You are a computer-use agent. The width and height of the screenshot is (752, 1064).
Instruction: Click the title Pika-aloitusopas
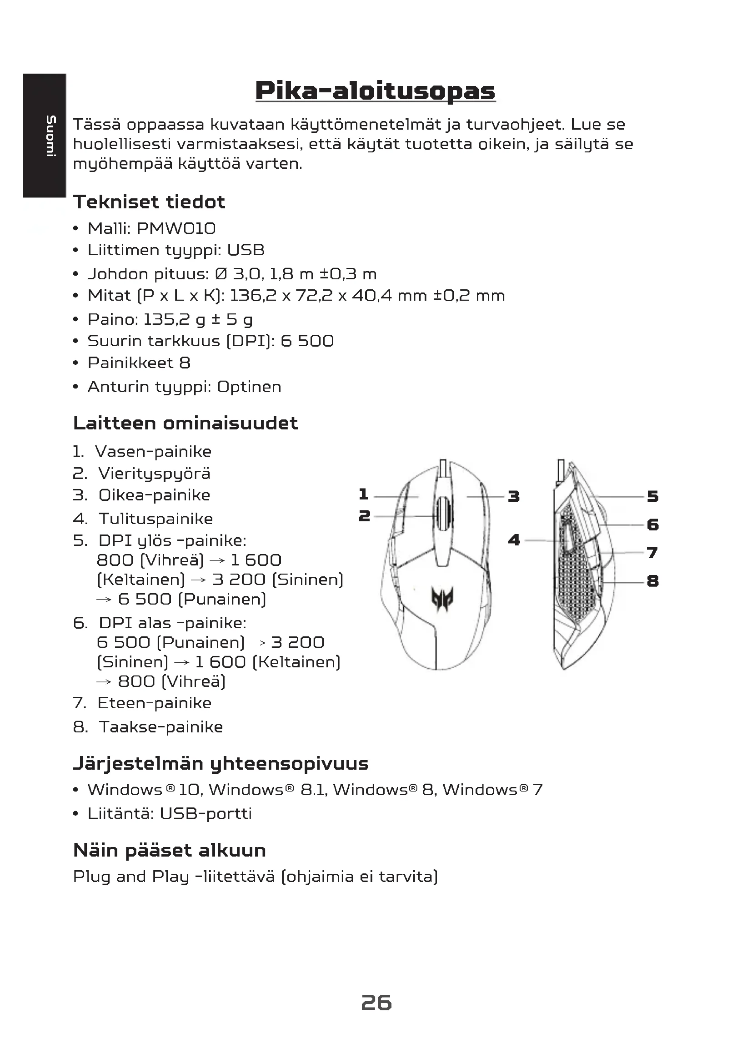pyautogui.click(x=375, y=91)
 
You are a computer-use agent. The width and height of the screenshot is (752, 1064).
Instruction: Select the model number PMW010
pyautogui.click(x=176, y=228)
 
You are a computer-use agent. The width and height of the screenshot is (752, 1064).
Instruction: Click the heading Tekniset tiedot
pyautogui.click(x=149, y=202)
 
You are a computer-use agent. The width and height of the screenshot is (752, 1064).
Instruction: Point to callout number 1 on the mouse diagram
pyautogui.click(x=364, y=494)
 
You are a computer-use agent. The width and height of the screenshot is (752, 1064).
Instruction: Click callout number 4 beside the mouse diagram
pyautogui.click(x=514, y=540)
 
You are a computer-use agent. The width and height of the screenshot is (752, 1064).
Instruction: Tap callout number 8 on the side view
pyautogui.click(x=652, y=580)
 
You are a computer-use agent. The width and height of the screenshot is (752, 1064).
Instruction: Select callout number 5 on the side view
pyautogui.click(x=652, y=496)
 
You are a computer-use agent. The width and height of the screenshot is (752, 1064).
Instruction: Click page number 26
pyautogui.click(x=376, y=1003)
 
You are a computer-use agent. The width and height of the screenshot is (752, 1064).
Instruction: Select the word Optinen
pyautogui.click(x=249, y=387)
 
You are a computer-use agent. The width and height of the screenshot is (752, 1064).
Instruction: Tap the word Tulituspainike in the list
pyautogui.click(x=155, y=519)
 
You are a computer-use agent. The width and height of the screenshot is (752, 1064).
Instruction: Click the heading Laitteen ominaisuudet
pyautogui.click(x=185, y=423)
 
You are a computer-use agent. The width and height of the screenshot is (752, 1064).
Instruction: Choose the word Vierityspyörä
pyautogui.click(x=154, y=474)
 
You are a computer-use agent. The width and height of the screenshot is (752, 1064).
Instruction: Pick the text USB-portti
pyautogui.click(x=206, y=813)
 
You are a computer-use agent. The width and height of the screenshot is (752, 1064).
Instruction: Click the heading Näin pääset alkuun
pyautogui.click(x=170, y=850)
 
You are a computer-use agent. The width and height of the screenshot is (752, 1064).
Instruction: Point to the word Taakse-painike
pyautogui.click(x=160, y=726)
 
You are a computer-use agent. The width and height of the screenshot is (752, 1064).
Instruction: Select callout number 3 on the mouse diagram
pyautogui.click(x=513, y=496)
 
